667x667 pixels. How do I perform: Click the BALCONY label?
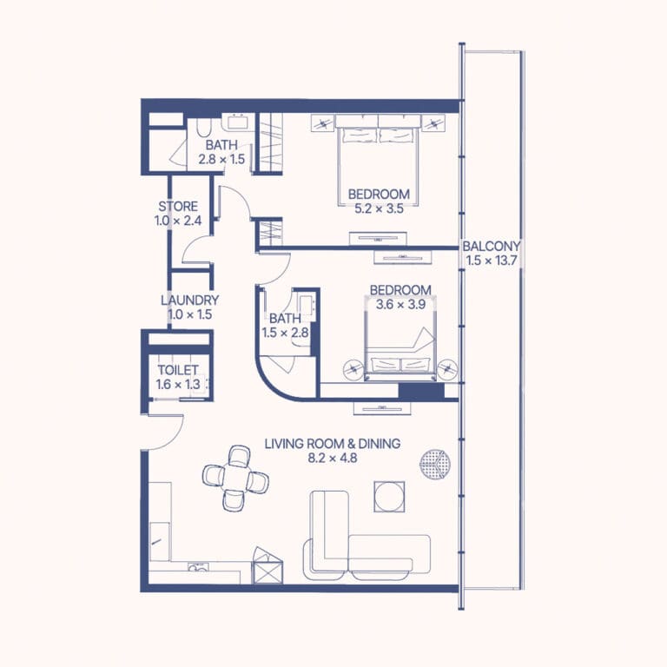491,246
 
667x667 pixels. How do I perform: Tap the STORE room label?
178,207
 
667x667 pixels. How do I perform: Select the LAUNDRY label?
189,300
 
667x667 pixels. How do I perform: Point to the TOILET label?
178,370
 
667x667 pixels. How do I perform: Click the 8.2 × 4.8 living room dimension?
333,459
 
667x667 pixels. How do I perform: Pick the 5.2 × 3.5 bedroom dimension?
379,208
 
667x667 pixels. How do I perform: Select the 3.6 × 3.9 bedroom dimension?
400,305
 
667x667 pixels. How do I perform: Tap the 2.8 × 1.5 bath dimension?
221,159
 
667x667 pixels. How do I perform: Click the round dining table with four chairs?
235,478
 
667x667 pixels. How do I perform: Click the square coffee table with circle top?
389,497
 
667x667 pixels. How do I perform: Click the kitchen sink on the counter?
198,566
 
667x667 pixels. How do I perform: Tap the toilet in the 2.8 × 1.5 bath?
204,127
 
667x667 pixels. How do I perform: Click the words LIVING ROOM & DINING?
333,444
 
